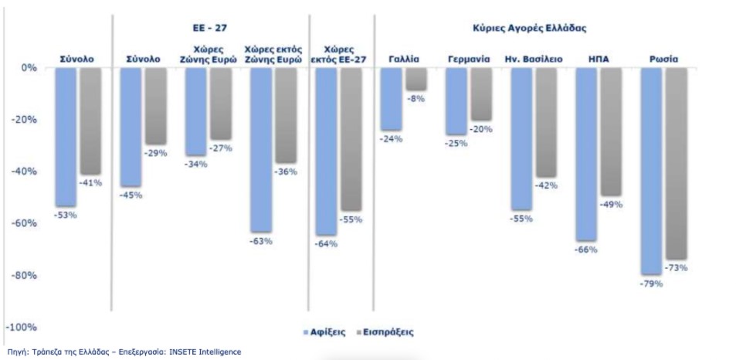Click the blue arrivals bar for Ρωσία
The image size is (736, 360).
point(651,170)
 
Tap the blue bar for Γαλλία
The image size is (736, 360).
point(392,99)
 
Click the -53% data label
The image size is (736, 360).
point(65,215)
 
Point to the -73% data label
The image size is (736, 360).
point(676,267)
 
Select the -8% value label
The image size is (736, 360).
point(416,98)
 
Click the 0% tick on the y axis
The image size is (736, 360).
point(29,68)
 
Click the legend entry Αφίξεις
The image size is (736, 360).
point(327,331)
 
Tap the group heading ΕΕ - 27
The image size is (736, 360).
point(209,29)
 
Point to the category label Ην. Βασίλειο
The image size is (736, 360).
point(533,58)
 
